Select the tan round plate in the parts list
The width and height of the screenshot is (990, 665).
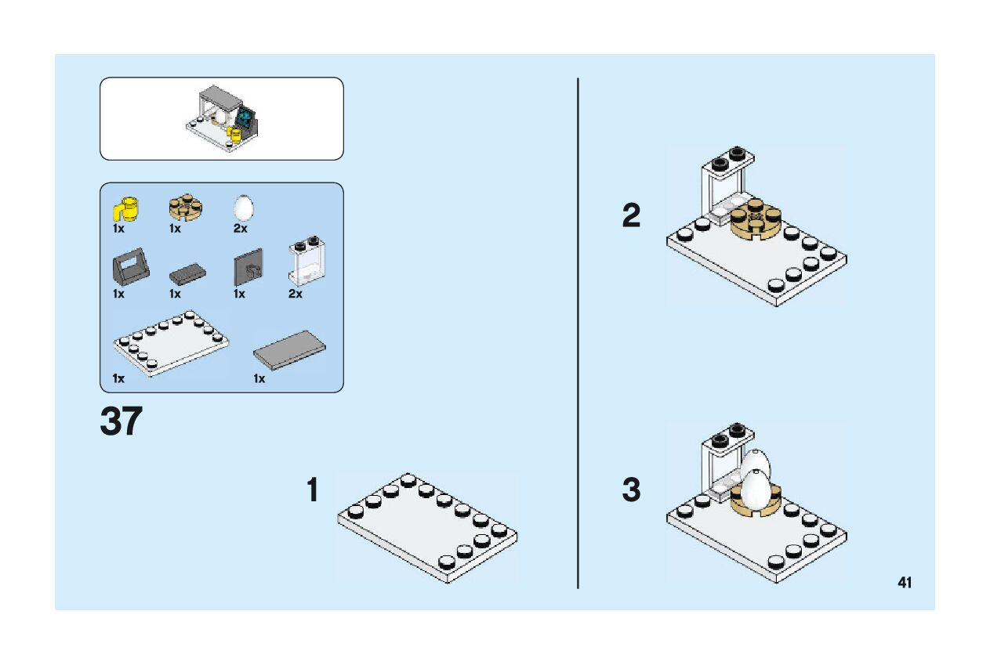[x=185, y=208]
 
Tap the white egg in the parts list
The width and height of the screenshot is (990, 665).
[x=244, y=208]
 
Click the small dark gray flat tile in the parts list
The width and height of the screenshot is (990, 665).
[x=187, y=273]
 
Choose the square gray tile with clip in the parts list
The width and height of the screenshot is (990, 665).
[x=248, y=269]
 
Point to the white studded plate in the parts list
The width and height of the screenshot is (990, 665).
[x=172, y=342]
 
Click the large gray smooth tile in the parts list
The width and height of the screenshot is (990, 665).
[x=290, y=349]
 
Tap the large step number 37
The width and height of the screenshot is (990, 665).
[x=121, y=422]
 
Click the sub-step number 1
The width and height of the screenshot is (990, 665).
[x=313, y=491]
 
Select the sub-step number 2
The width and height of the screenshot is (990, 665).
[x=631, y=216]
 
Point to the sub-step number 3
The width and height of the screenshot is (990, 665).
[x=631, y=491]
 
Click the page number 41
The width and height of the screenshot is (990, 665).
[x=905, y=582]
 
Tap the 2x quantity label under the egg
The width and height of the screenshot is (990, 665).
[x=240, y=229]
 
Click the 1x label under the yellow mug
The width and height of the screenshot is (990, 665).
[x=118, y=229]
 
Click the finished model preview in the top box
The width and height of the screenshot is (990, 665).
[x=225, y=118]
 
